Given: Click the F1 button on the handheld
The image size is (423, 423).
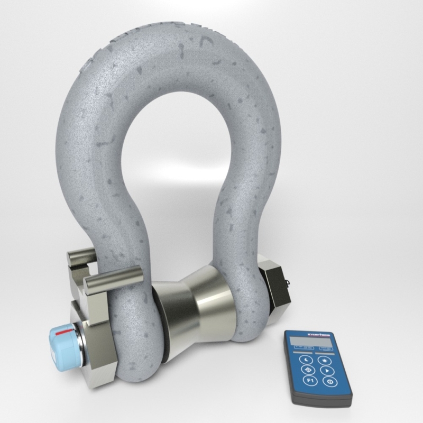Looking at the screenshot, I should point(308,380).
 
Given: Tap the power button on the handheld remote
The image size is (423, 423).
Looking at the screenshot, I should point(330,382).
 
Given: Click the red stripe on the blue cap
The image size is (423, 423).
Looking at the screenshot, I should point(64,332).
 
